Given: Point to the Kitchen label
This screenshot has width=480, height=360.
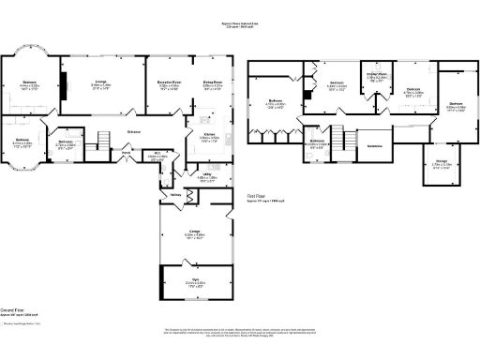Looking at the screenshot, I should point(209,136).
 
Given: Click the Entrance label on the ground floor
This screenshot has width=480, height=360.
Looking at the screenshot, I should point(133,132).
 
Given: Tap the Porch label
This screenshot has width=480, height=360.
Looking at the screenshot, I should point(126,151).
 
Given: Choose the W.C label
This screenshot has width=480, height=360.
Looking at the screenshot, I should point(159,156).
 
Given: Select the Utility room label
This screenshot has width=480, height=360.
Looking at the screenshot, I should point(208,174).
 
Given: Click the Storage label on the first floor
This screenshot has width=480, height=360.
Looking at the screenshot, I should point(442,162).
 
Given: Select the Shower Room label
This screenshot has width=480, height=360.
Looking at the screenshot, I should point(377,75).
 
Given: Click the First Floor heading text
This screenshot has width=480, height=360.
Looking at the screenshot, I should point(259,198).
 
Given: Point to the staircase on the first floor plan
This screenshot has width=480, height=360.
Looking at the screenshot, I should point(350,141).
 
